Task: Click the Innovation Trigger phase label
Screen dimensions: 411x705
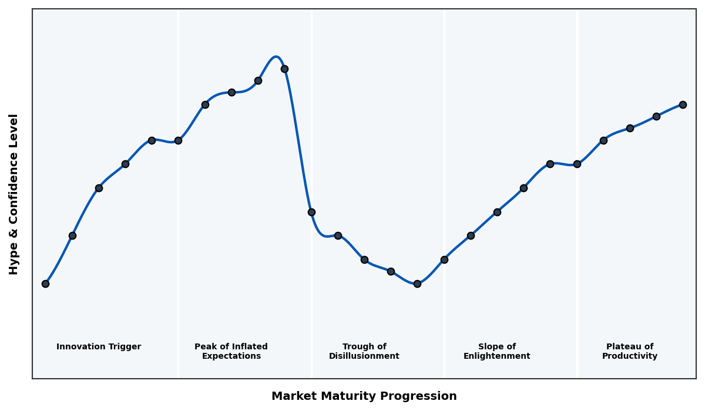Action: (x=99, y=347)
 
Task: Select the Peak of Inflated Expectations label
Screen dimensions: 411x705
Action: (x=231, y=351)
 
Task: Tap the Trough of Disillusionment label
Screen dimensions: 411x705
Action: (x=364, y=351)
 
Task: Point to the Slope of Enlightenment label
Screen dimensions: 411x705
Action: (x=496, y=351)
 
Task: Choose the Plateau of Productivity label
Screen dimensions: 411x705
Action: (x=629, y=351)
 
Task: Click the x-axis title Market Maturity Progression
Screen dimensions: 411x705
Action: (x=364, y=396)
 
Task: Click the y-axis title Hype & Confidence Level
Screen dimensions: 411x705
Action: (x=14, y=194)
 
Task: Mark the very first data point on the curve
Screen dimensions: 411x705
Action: (x=45, y=284)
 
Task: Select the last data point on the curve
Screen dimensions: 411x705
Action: (x=683, y=105)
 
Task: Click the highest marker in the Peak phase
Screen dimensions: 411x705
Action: (x=284, y=69)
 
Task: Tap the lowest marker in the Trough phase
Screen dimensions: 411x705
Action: (x=417, y=284)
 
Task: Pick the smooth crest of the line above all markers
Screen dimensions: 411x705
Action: (x=276, y=57)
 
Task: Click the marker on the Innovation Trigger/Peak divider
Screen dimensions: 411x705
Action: (x=178, y=140)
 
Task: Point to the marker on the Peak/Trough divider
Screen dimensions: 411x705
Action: (x=311, y=212)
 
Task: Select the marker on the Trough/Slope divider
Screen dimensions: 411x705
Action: (x=444, y=260)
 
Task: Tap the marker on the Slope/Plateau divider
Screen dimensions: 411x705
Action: (x=577, y=164)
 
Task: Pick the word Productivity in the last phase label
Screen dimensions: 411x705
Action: (x=629, y=356)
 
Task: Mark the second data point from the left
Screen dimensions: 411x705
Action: (x=72, y=235)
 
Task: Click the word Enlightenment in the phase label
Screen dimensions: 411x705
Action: (x=496, y=356)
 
